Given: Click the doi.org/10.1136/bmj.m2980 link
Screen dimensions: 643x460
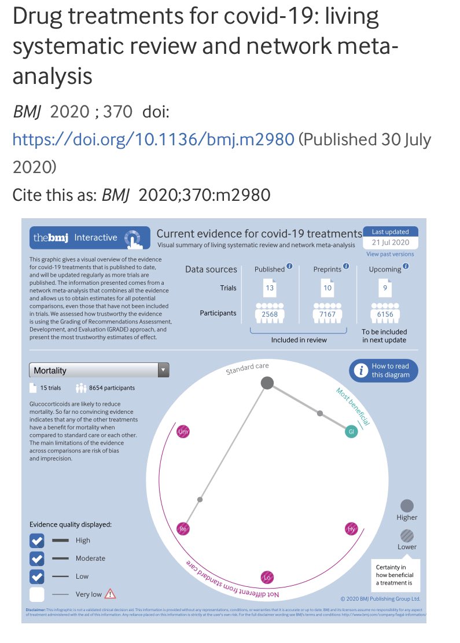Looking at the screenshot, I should coord(153,139).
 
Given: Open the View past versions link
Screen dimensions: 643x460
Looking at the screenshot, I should coord(389,254).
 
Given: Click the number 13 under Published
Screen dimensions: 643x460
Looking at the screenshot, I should coord(270,288).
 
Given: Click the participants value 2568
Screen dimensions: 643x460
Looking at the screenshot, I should coord(270,314).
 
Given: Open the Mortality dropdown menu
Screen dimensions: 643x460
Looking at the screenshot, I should coord(99,370).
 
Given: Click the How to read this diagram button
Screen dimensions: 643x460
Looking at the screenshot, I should coord(383,370).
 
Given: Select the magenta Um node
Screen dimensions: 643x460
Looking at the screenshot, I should coord(183,432).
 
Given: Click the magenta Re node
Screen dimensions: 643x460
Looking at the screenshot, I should coord(183,528).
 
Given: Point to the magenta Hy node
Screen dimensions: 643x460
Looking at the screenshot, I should coord(351,529).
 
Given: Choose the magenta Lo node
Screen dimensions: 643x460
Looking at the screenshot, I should coord(267,577).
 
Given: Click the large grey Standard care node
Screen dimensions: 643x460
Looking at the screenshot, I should coord(267,383).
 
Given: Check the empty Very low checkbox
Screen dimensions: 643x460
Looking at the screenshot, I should coord(37,594).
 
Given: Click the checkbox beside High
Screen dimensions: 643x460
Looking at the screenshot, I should coord(37,541).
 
